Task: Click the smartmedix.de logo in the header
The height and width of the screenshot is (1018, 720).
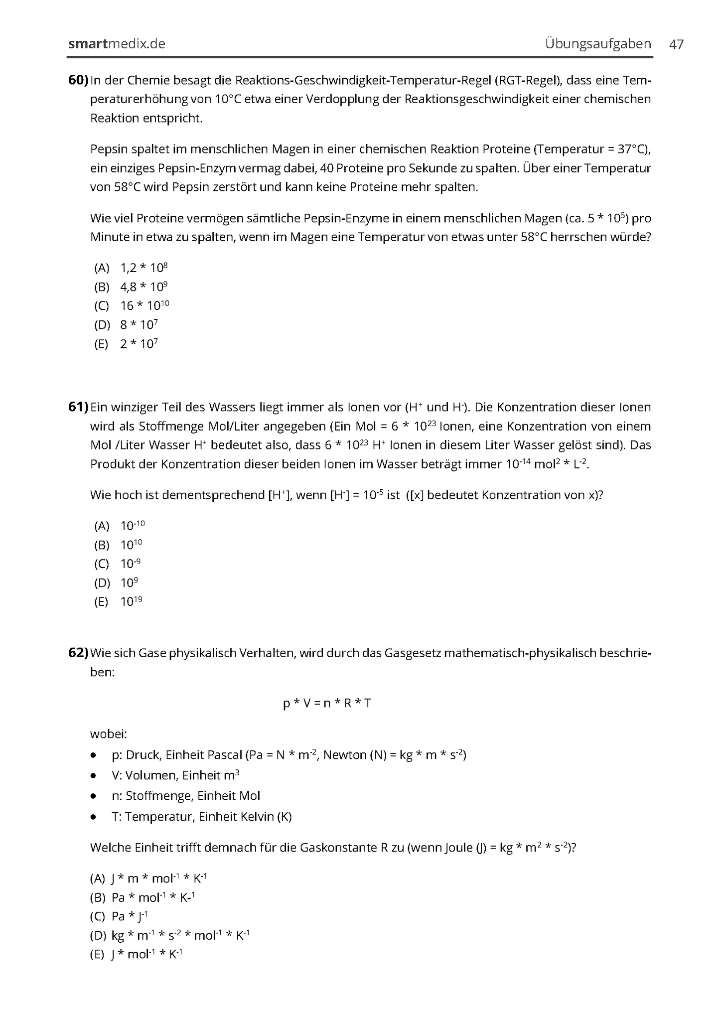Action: point(117,44)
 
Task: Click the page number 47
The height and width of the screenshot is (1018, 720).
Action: point(676,44)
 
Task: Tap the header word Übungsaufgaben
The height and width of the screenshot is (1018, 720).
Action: point(597,44)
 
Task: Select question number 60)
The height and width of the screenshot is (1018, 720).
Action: point(78,80)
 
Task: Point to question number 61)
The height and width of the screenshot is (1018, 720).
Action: point(78,407)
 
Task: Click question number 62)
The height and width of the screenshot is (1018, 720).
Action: point(78,653)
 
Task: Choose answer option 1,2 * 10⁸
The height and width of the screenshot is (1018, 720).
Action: point(144,268)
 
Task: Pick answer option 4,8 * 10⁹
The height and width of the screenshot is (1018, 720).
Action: point(144,287)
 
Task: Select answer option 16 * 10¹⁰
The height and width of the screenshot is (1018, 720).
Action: point(144,306)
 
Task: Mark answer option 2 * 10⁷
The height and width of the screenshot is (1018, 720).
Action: point(139,344)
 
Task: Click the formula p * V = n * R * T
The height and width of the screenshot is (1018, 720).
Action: point(327,703)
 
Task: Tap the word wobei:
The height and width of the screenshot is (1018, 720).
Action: point(109,734)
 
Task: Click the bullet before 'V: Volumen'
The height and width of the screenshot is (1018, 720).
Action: point(93,776)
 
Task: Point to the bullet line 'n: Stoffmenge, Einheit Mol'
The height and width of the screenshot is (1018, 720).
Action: point(185,796)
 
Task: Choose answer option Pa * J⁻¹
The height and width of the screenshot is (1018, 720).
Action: point(130,916)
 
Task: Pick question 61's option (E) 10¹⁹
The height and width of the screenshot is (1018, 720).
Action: point(131,602)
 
